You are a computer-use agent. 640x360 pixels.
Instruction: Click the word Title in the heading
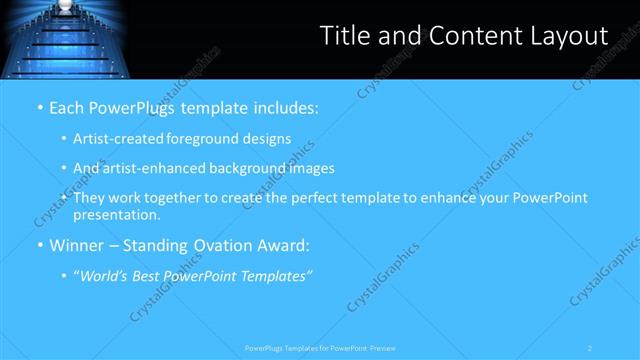tap(344, 36)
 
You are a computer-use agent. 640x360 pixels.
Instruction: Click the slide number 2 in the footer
tap(590, 348)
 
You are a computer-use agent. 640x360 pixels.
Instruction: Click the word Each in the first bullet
tap(68, 107)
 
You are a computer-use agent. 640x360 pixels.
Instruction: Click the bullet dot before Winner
tap(39, 246)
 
